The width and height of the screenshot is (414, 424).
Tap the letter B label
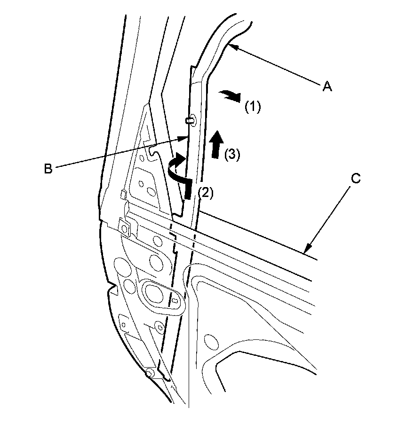coord(48,168)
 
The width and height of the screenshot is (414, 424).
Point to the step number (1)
coord(252,107)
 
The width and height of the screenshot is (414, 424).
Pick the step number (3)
coord(232,155)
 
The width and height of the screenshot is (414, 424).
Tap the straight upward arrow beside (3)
coord(217,145)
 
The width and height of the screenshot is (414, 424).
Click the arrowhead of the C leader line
coord(307,250)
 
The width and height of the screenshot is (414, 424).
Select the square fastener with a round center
coord(126,229)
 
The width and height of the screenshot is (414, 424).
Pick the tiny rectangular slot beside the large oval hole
coord(175,299)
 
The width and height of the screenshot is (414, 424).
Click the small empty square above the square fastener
coord(123,195)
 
